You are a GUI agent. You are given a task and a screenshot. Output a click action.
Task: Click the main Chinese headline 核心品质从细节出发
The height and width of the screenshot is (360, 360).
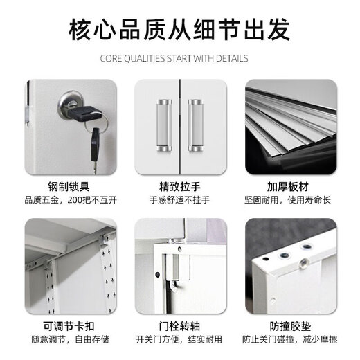tap(179, 31)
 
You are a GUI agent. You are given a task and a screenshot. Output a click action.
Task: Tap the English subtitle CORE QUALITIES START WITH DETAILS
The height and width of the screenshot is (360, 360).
tap(179, 59)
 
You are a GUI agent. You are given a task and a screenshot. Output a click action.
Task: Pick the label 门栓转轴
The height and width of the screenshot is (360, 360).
tap(179, 325)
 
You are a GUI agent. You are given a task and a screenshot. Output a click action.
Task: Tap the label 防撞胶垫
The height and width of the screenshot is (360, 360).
tap(290, 325)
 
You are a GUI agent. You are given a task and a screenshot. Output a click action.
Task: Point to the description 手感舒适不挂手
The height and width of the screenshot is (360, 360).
tap(179, 200)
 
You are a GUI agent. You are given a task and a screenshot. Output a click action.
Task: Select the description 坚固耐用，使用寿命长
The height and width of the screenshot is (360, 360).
tap(290, 200)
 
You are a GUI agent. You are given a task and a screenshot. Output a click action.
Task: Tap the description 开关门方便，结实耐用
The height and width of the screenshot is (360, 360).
tap(179, 339)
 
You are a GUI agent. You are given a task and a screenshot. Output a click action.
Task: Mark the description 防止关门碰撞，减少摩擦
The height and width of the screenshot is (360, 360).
tap(290, 339)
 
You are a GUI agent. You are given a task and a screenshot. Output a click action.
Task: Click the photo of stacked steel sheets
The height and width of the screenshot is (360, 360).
tap(290, 125)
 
